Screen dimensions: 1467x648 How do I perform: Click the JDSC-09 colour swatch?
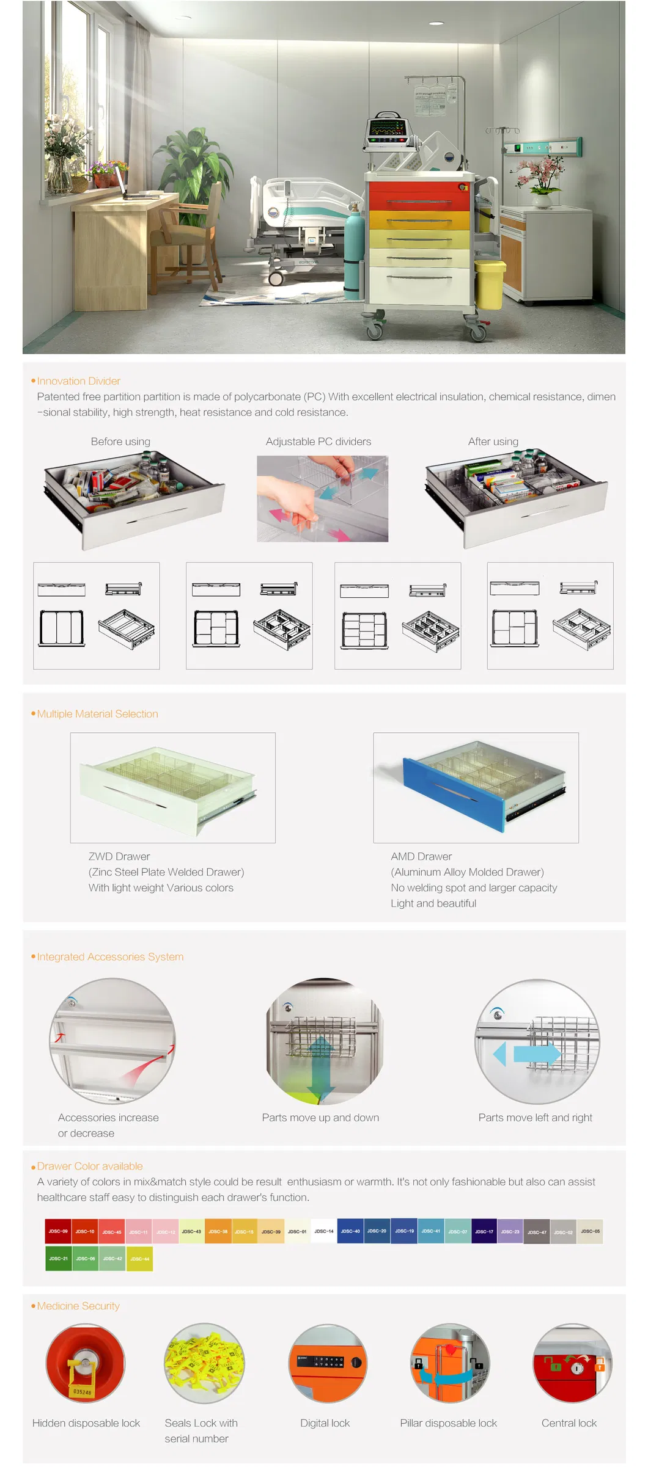[58, 1231]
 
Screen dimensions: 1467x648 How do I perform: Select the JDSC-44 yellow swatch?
[139, 1259]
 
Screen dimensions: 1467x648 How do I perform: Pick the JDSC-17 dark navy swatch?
[484, 1231]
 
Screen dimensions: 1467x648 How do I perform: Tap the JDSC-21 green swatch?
[59, 1259]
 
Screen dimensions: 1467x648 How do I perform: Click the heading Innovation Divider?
[78, 381]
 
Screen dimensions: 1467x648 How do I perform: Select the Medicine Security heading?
[78, 1306]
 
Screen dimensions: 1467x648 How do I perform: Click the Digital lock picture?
[328, 1363]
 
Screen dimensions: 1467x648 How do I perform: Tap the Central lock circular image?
[572, 1363]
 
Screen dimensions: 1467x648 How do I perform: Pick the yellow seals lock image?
[204, 1363]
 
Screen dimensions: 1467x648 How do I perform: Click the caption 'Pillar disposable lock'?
[448, 1423]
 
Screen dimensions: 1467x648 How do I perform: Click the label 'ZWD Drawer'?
[119, 856]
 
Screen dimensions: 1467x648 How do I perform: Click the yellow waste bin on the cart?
[489, 284]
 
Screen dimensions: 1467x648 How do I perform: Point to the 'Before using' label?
[120, 442]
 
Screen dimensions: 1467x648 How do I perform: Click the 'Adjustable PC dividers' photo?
[322, 498]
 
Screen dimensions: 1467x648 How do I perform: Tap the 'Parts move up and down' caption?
[320, 1118]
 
